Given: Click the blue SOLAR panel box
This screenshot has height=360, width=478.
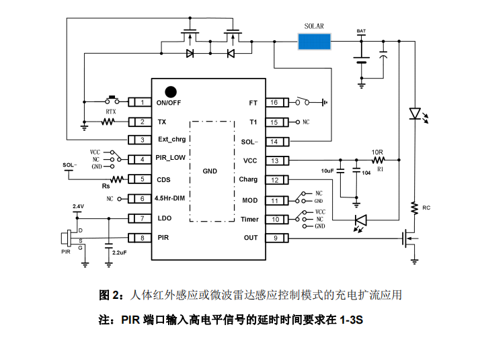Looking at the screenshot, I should (315, 41).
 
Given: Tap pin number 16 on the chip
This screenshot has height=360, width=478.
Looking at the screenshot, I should (274, 103).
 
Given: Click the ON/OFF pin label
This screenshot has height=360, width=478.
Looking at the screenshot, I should (169, 103).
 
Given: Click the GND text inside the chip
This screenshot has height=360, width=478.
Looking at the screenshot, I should (210, 171).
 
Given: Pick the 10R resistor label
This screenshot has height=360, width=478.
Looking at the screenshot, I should (378, 152).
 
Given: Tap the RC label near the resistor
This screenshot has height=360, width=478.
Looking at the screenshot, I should (426, 208).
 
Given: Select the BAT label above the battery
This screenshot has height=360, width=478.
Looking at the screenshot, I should (362, 31).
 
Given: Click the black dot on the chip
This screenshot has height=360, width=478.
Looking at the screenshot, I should (171, 91).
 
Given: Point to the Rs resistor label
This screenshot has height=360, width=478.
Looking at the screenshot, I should (106, 186).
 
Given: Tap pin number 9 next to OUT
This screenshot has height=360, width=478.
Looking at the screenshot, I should (274, 238).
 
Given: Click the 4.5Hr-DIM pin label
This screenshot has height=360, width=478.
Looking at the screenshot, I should (169, 199).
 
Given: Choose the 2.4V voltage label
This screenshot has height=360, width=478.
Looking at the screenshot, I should (78, 206).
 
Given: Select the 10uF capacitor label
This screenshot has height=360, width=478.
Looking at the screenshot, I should (327, 171).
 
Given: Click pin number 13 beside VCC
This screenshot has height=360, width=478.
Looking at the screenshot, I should (274, 161).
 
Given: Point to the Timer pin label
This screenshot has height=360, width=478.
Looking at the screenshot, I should (249, 219).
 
